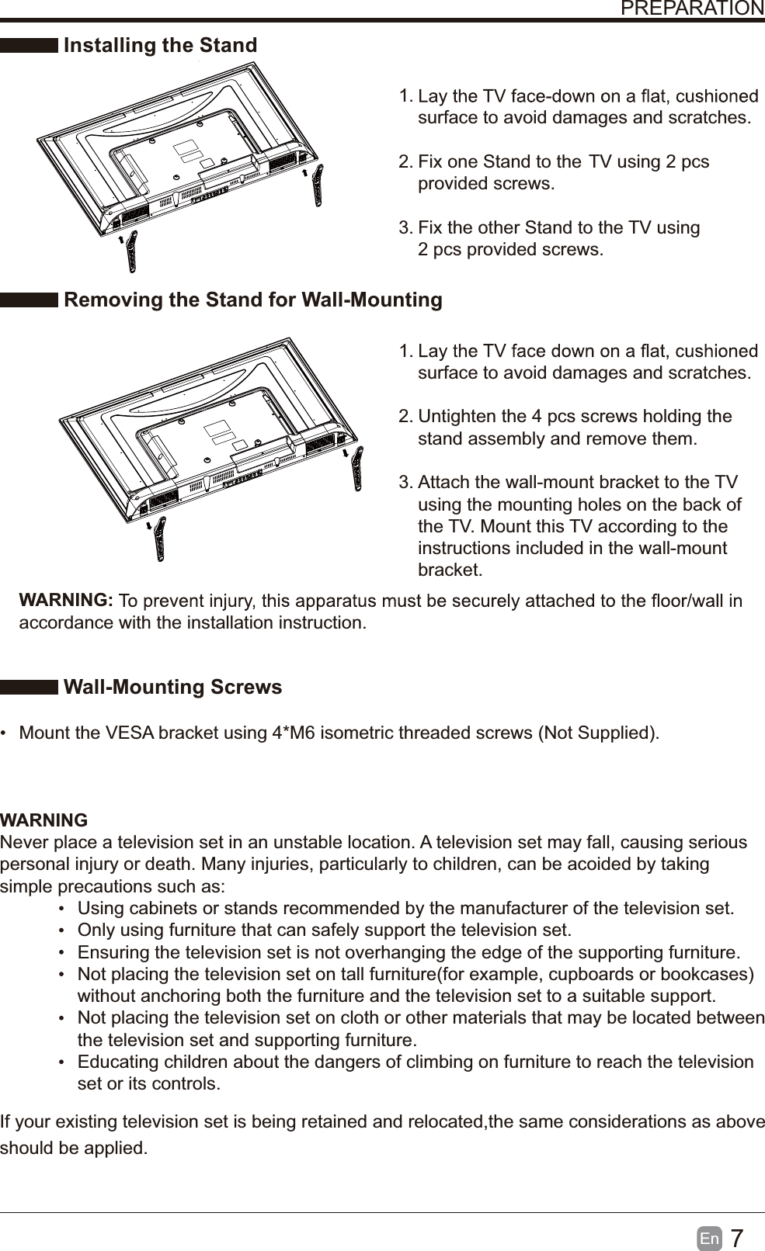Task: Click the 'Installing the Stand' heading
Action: (x=160, y=46)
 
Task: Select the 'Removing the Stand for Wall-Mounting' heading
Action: (x=252, y=300)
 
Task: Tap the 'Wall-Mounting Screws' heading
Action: (x=172, y=688)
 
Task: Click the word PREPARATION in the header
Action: (x=692, y=9)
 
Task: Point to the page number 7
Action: (x=737, y=1238)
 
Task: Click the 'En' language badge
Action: (x=709, y=1239)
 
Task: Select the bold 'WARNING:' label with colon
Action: (x=67, y=601)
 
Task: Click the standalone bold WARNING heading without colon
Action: (x=44, y=820)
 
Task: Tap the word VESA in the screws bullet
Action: (x=130, y=733)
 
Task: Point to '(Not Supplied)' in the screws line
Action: (x=598, y=733)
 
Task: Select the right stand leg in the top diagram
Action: (x=318, y=187)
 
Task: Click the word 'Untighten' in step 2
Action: (x=457, y=417)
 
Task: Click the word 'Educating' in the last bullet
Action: (x=116, y=1062)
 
